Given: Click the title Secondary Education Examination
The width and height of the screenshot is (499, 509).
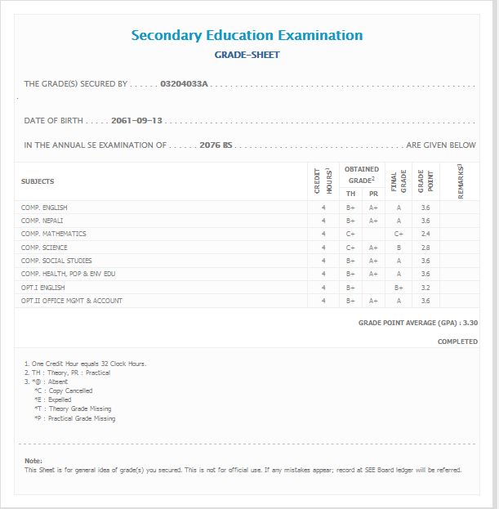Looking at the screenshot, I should (x=247, y=35).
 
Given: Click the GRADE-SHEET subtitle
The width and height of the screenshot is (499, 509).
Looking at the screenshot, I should (x=247, y=55).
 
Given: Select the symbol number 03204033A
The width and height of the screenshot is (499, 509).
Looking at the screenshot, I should (x=185, y=83).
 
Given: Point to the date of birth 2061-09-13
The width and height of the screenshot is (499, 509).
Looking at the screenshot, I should (x=136, y=120).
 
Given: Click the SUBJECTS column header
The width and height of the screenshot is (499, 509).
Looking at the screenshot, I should (x=38, y=181).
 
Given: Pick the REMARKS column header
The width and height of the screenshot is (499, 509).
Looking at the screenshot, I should (x=461, y=181).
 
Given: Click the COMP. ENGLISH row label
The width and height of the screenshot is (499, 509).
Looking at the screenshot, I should (x=44, y=208).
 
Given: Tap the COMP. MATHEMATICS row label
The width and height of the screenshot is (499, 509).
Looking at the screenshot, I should (x=53, y=234).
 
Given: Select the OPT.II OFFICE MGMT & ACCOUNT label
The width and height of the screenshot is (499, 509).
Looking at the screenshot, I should (x=72, y=301).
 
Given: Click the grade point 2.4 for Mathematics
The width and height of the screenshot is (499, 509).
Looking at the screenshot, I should (x=425, y=234).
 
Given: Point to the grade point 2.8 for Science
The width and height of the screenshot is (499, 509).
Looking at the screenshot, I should (x=425, y=248).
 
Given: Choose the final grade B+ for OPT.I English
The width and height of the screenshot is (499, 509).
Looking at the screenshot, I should (x=399, y=288).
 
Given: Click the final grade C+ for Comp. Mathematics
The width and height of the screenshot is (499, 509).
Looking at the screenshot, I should (x=399, y=234).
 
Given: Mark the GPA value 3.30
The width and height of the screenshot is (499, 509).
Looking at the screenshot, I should (x=470, y=323).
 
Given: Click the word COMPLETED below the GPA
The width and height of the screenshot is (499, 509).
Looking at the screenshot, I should (x=457, y=342).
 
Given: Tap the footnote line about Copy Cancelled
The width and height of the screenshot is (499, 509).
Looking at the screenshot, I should (x=63, y=391).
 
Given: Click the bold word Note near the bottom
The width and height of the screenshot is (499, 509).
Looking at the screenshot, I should (x=33, y=461).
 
